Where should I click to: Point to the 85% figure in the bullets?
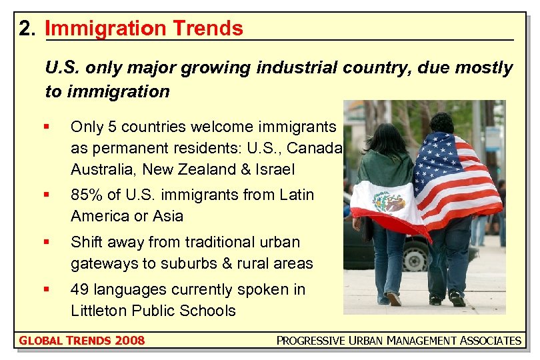click(85, 195)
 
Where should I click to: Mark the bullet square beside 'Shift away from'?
click(46, 242)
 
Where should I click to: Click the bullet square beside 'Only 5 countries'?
click(46, 127)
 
